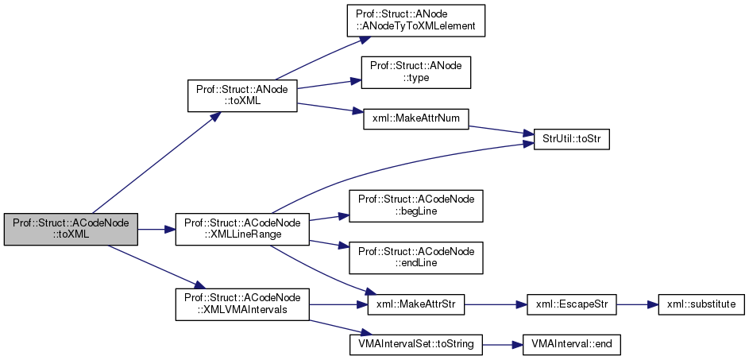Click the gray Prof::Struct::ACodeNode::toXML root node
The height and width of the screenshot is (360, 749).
pyautogui.click(x=71, y=230)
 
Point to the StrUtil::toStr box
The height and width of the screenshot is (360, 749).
pyautogui.click(x=565, y=138)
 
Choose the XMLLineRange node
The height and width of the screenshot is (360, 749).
pyautogui.click(x=241, y=230)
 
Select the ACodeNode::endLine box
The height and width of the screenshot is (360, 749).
pyautogui.click(x=416, y=257)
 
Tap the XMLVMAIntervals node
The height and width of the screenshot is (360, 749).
pyautogui.click(x=241, y=304)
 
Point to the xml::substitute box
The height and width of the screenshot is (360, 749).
pyautogui.click(x=695, y=304)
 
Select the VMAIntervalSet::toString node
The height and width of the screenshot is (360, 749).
pyautogui.click(x=416, y=344)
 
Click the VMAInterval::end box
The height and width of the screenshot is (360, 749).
pyautogui.click(x=565, y=344)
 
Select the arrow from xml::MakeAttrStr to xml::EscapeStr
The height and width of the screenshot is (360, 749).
pyautogui.click(x=489, y=304)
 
